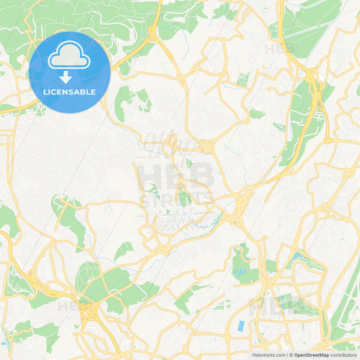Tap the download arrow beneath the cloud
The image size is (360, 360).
click(x=66, y=77)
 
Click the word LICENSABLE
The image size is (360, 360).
click(x=70, y=92)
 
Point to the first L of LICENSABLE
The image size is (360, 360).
click(x=45, y=92)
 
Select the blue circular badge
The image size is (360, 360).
click(x=70, y=72)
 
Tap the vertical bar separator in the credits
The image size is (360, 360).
click(x=289, y=355)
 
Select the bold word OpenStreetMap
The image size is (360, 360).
click(x=312, y=355)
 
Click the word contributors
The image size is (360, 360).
click(x=343, y=355)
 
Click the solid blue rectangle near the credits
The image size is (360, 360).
click(x=242, y=326)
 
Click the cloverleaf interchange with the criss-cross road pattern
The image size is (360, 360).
click(x=90, y=313)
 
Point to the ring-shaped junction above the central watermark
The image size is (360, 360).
click(x=205, y=146)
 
